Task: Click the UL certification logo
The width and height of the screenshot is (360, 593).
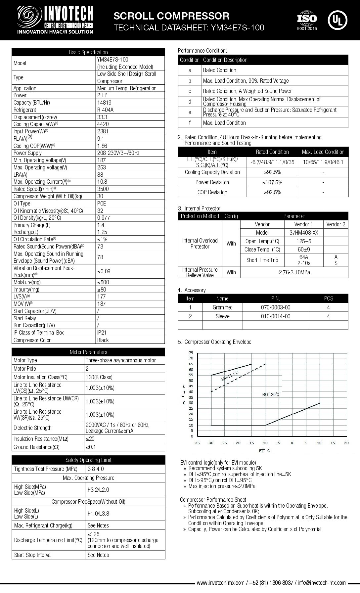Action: coord(337,20)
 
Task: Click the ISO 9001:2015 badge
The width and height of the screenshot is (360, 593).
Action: coord(307,21)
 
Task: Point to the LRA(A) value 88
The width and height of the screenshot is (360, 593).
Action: coord(100,175)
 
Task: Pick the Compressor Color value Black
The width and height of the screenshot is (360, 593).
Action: coord(103,340)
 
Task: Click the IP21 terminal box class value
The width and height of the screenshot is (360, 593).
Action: coord(102,333)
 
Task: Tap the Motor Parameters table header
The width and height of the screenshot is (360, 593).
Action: coord(88,352)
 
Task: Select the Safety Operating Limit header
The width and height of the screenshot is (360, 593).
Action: coord(88,460)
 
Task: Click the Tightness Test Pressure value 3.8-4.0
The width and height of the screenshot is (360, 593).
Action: coord(96,469)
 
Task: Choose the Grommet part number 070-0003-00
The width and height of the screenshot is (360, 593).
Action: coord(275,307)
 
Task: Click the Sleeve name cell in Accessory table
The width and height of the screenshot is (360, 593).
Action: coord(222,316)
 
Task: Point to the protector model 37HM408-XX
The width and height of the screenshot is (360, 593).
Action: coord(303,233)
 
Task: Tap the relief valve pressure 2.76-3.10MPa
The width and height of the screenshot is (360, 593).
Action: coord(294,272)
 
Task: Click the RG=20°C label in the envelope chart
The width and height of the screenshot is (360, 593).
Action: coord(271,394)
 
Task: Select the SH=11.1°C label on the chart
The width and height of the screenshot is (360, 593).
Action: coord(230,376)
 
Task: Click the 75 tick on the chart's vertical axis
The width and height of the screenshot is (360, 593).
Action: coord(191,353)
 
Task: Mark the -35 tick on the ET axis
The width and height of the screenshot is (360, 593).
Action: coord(197,443)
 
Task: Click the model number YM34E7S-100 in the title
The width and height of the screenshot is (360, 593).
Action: coord(236,28)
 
